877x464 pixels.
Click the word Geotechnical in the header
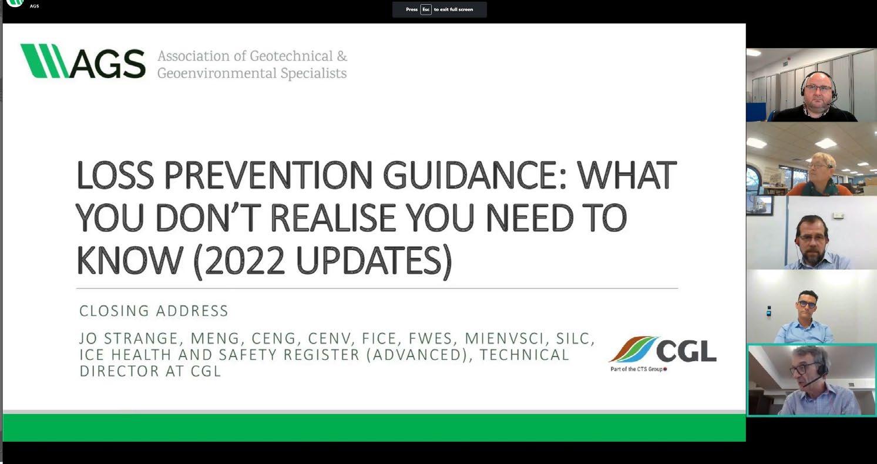click(291, 56)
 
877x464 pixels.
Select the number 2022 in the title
click(244, 260)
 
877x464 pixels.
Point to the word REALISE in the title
click(333, 217)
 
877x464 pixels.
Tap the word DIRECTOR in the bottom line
click(119, 371)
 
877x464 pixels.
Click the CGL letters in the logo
click(686, 351)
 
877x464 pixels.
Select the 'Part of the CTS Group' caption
click(638, 369)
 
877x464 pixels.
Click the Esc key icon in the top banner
click(426, 9)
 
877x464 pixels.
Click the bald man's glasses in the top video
click(818, 89)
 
